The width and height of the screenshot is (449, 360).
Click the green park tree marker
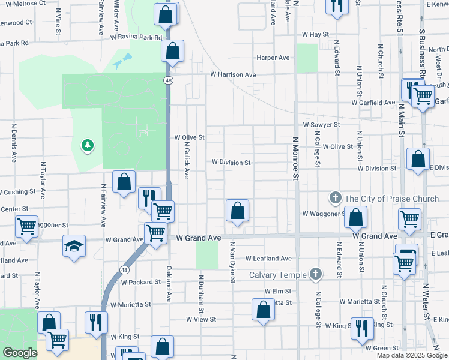[88, 145]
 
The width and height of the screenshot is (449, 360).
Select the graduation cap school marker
[73, 246]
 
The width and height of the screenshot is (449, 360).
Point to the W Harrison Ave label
[233, 75]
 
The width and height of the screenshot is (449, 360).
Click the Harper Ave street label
[273, 58]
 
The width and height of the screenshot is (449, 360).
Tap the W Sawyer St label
[321, 125]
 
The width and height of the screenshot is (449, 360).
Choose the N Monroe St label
[295, 158]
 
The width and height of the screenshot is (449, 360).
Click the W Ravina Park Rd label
[136, 37]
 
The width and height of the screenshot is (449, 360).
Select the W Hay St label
[316, 35]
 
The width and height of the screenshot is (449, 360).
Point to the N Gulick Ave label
[187, 160]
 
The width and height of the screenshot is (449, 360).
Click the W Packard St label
[141, 282]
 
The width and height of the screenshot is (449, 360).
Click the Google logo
[20, 353]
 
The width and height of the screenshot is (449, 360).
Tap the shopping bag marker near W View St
[263, 310]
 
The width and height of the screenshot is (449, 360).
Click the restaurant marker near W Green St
[361, 328]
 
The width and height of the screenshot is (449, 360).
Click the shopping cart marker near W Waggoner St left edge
[26, 226]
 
